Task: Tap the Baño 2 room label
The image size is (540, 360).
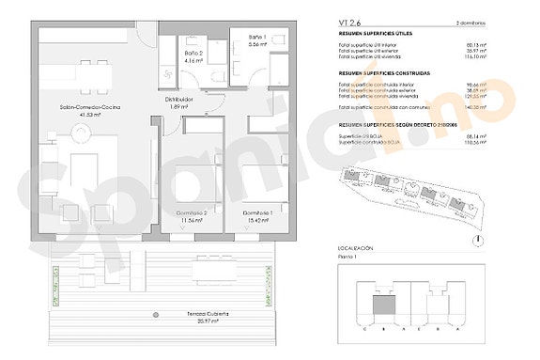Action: [193, 55]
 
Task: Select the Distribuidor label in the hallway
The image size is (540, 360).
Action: [179, 99]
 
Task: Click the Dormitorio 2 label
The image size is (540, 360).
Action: [192, 213]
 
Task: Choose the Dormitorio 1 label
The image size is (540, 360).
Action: [257, 213]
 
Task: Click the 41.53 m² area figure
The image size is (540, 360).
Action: [88, 115]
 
